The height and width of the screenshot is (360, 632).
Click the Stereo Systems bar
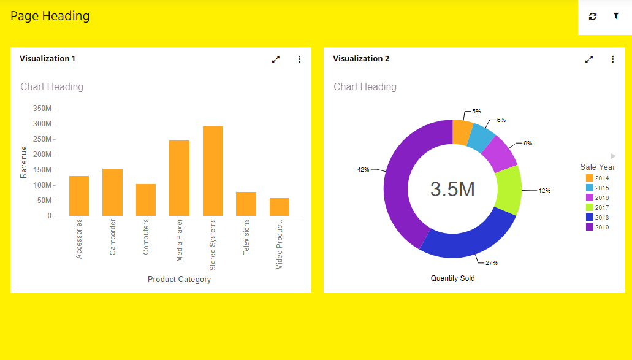(x=213, y=171)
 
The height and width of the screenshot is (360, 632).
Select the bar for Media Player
(x=179, y=178)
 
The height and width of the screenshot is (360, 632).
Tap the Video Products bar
(x=280, y=207)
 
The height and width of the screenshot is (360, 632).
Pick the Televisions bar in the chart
(x=246, y=204)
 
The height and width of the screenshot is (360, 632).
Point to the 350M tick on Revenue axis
(x=42, y=109)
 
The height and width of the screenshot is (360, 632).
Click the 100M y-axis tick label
(x=42, y=185)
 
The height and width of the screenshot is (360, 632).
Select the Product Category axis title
(x=179, y=280)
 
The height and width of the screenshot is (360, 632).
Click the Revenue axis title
(x=24, y=162)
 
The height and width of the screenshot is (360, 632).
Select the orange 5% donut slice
(x=462, y=131)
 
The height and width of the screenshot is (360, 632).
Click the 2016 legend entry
(x=598, y=197)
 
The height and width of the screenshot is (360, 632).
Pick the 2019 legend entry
(x=598, y=227)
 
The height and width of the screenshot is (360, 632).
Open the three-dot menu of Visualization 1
(x=300, y=59)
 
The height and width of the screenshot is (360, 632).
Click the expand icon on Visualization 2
(x=589, y=59)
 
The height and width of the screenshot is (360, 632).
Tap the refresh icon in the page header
(x=593, y=17)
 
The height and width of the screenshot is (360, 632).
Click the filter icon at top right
(x=616, y=17)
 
